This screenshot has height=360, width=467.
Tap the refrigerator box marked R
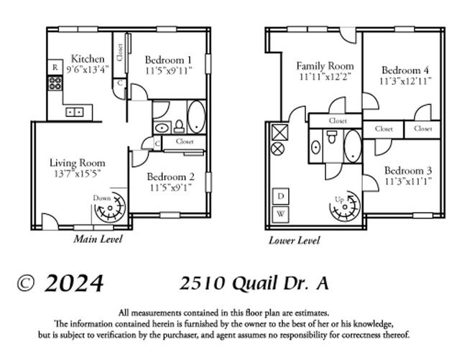54,68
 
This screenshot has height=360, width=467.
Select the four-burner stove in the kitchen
54,83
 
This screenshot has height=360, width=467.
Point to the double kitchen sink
74,112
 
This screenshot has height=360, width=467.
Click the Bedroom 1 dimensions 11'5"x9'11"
169,70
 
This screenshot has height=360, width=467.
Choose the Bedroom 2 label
170,177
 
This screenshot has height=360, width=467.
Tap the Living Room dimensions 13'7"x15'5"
72,173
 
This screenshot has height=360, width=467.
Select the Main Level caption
98,239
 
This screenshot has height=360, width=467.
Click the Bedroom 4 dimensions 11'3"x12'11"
405,81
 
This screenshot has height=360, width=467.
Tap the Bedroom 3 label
407,170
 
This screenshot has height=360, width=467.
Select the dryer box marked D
281,196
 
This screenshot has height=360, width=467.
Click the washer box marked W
281,213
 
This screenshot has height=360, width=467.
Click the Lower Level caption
295,241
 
